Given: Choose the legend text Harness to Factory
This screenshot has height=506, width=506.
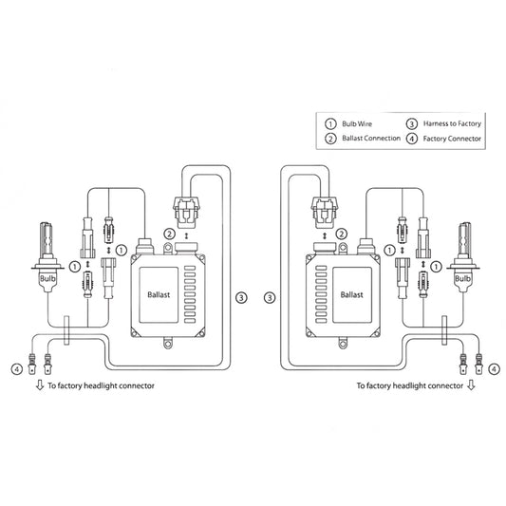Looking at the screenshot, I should [452, 123].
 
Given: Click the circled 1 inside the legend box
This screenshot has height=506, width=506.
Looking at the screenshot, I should [329, 123].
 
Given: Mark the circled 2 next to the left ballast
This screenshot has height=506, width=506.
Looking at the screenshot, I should [169, 234].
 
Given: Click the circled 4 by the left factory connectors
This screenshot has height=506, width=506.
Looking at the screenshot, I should [16, 368].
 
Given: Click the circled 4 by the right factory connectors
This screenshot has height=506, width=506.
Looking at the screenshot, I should [492, 368].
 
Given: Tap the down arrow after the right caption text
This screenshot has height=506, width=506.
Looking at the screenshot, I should [472, 386].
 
